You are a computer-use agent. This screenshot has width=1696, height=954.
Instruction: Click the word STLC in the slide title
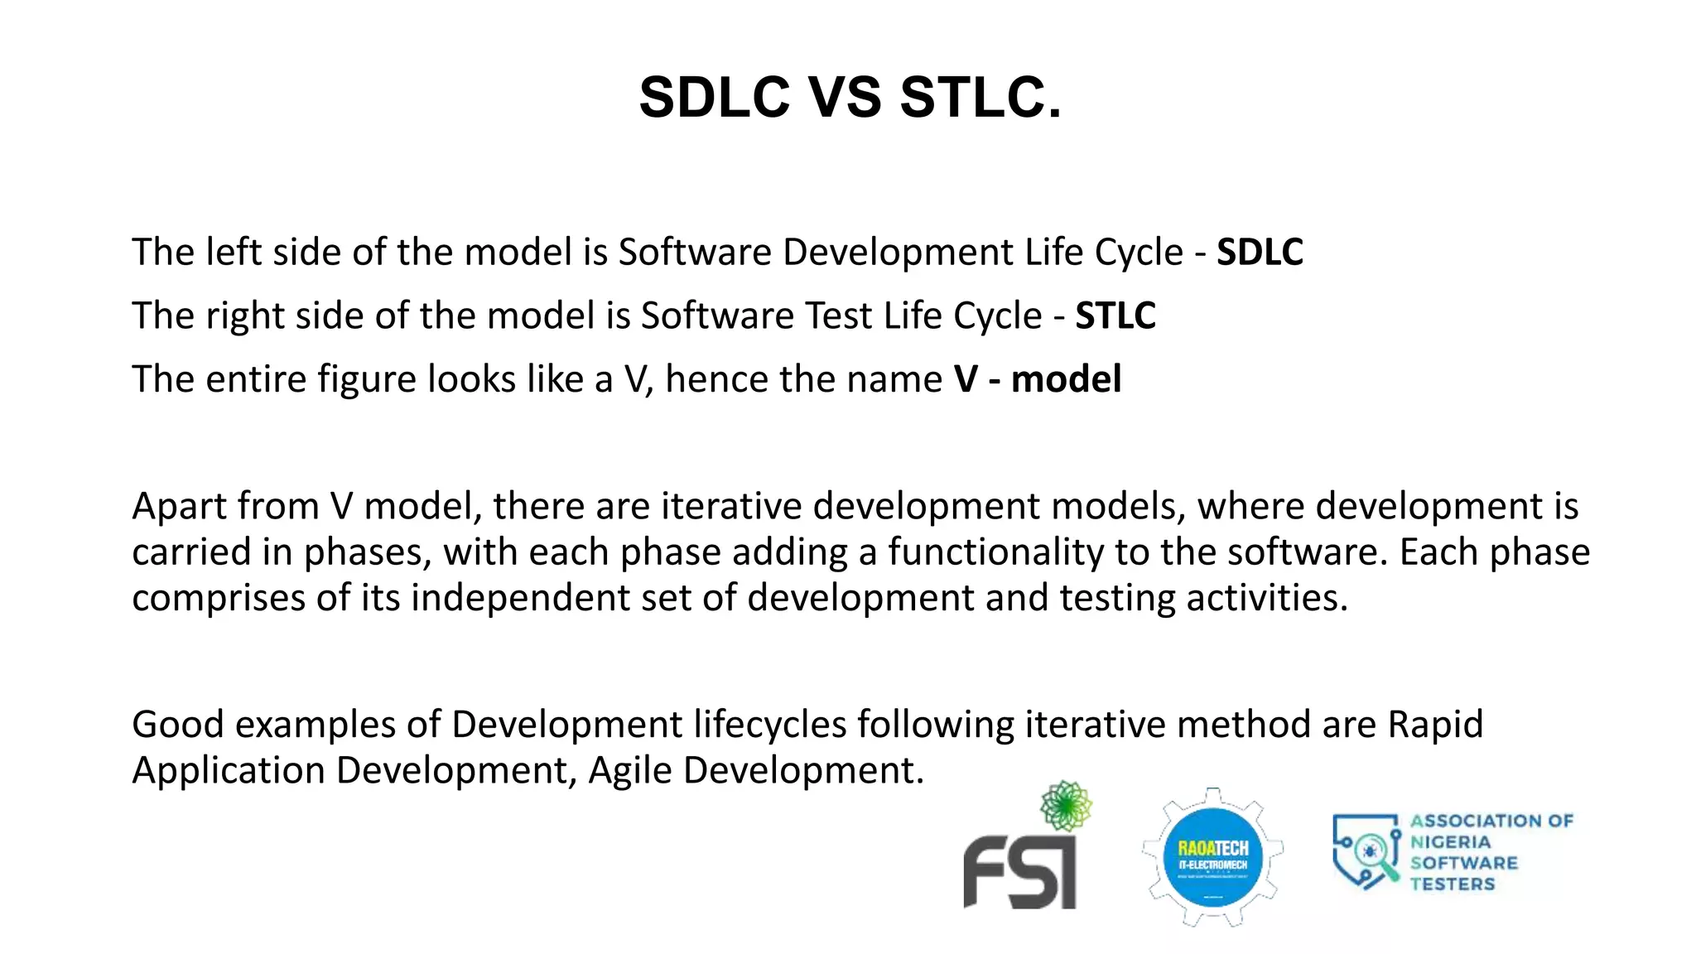tap(980, 98)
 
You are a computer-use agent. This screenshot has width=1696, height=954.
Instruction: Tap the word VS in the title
tap(845, 98)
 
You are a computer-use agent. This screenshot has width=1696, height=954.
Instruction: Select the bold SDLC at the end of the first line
tap(1260, 253)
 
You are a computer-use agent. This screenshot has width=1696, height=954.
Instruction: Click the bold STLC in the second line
tap(1115, 316)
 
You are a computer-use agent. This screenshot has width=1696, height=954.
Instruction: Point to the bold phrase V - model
tap(1038, 379)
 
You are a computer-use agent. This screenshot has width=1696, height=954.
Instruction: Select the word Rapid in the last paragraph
tap(1435, 725)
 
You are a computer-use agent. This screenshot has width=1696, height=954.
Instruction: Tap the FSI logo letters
tap(1019, 871)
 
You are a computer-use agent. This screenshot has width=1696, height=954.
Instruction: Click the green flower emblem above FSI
tap(1066, 805)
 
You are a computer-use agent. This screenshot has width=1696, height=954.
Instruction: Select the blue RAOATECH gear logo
tap(1213, 858)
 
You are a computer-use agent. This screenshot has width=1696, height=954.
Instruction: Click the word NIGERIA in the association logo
tap(1451, 842)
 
